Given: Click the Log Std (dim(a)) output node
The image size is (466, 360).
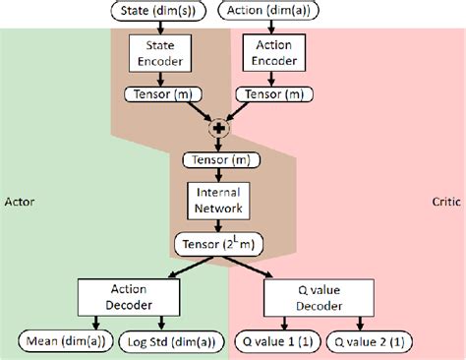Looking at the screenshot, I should click(173, 341).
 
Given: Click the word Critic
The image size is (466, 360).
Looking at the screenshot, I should click(445, 200).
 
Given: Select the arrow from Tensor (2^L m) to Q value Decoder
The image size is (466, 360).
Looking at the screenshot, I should click(268, 268).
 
